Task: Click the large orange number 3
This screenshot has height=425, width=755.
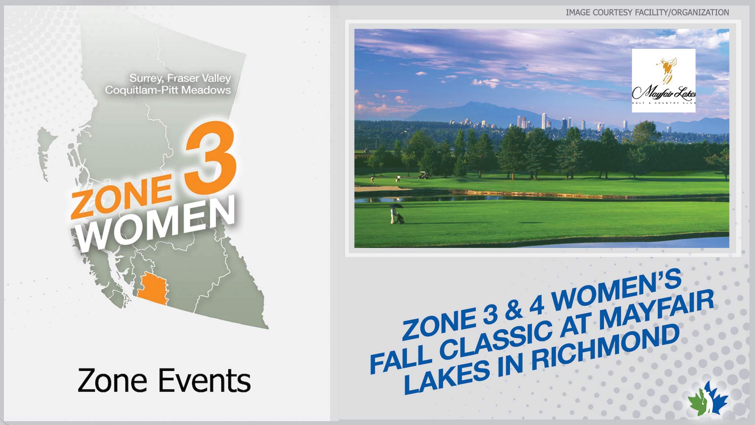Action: [212, 157]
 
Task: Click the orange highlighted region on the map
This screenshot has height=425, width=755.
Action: [153, 289]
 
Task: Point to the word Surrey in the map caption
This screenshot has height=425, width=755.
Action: [145, 79]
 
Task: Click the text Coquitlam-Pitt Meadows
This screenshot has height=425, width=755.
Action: [168, 90]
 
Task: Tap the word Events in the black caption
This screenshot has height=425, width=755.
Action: [204, 381]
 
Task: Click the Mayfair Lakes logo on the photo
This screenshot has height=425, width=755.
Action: [663, 81]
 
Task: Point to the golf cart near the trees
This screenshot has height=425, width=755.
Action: [424, 175]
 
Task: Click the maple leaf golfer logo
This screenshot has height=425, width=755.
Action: [708, 399]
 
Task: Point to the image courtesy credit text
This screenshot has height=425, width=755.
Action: [647, 13]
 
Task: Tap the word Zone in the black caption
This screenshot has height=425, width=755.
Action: [112, 381]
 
